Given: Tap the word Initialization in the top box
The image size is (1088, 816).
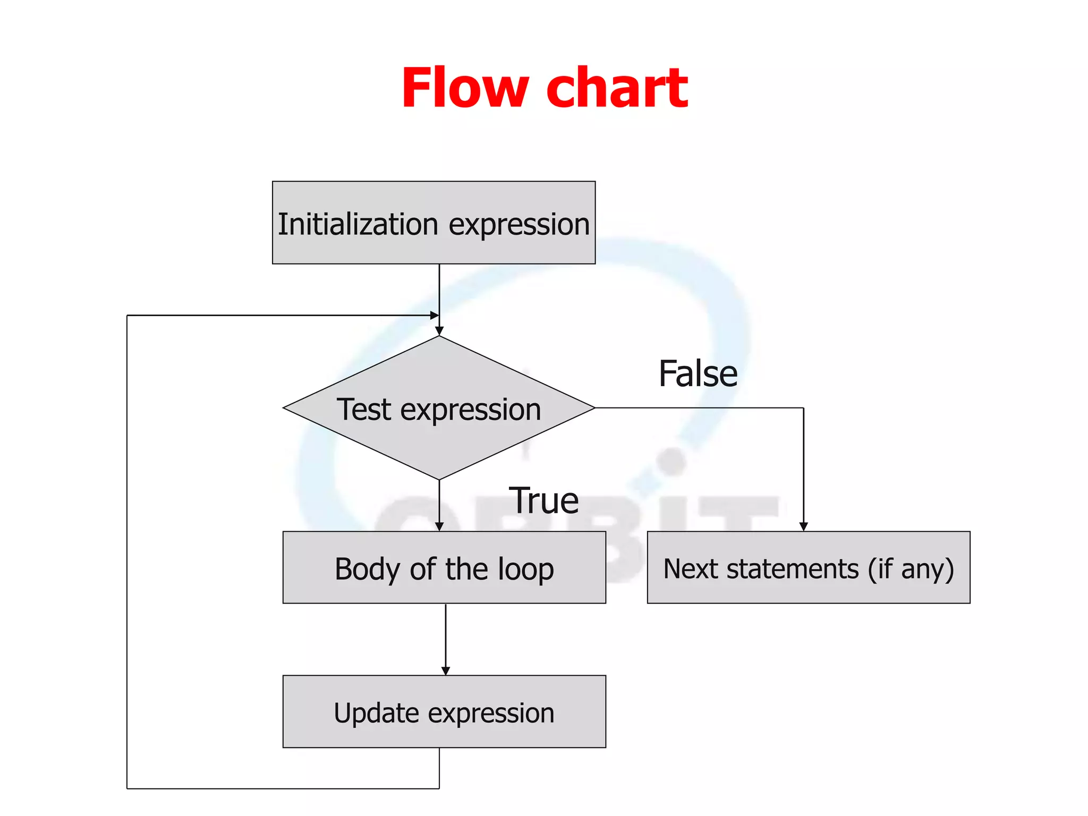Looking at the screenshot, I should pos(358,224).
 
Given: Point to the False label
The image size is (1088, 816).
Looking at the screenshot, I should pos(698,373).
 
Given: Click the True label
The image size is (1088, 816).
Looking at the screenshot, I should pos(543,500).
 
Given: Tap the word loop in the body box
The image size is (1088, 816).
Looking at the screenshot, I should pos(525,569).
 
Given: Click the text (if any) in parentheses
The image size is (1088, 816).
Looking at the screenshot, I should pos(911,569).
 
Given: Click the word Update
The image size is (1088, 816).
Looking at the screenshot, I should pos(376,713).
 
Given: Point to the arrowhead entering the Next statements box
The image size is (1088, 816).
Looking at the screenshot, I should pos(803,526).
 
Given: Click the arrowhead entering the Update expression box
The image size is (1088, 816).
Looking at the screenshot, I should pos(445,671).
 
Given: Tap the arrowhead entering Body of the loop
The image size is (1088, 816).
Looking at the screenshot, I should pos(439,526).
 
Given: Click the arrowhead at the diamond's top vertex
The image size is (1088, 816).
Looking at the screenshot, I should pos(439,331).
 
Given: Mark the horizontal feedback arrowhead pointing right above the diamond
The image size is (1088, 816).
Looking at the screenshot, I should pos(434,316).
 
